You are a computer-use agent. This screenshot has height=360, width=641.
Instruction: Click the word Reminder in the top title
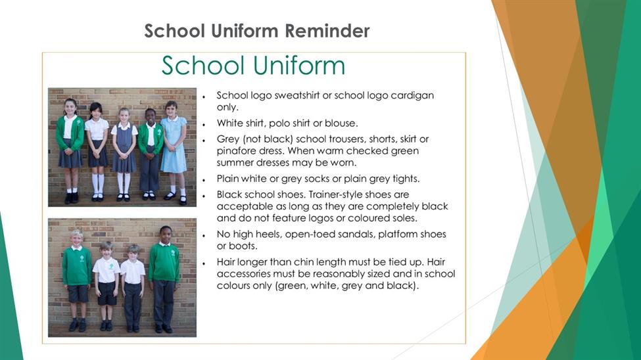[x=327, y=31]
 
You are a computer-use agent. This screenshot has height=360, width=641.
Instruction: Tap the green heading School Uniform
[x=254, y=66]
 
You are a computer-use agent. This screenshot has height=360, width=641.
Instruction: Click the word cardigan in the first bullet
[x=412, y=96]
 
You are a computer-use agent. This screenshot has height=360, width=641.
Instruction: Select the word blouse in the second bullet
[x=341, y=123]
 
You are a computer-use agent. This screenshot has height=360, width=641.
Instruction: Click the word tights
[x=405, y=179]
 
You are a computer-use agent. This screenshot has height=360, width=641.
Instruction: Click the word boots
[x=245, y=246]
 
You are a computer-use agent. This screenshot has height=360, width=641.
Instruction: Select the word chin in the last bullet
[x=304, y=262]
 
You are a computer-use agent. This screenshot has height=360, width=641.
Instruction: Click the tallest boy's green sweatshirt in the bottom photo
[x=164, y=263]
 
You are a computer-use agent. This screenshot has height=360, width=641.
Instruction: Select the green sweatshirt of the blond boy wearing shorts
[x=77, y=265]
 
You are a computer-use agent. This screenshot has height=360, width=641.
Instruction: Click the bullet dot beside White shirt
[x=204, y=124]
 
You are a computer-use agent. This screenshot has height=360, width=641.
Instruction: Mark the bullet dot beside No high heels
[x=204, y=235]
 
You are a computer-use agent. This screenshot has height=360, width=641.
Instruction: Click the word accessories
[x=243, y=274]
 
